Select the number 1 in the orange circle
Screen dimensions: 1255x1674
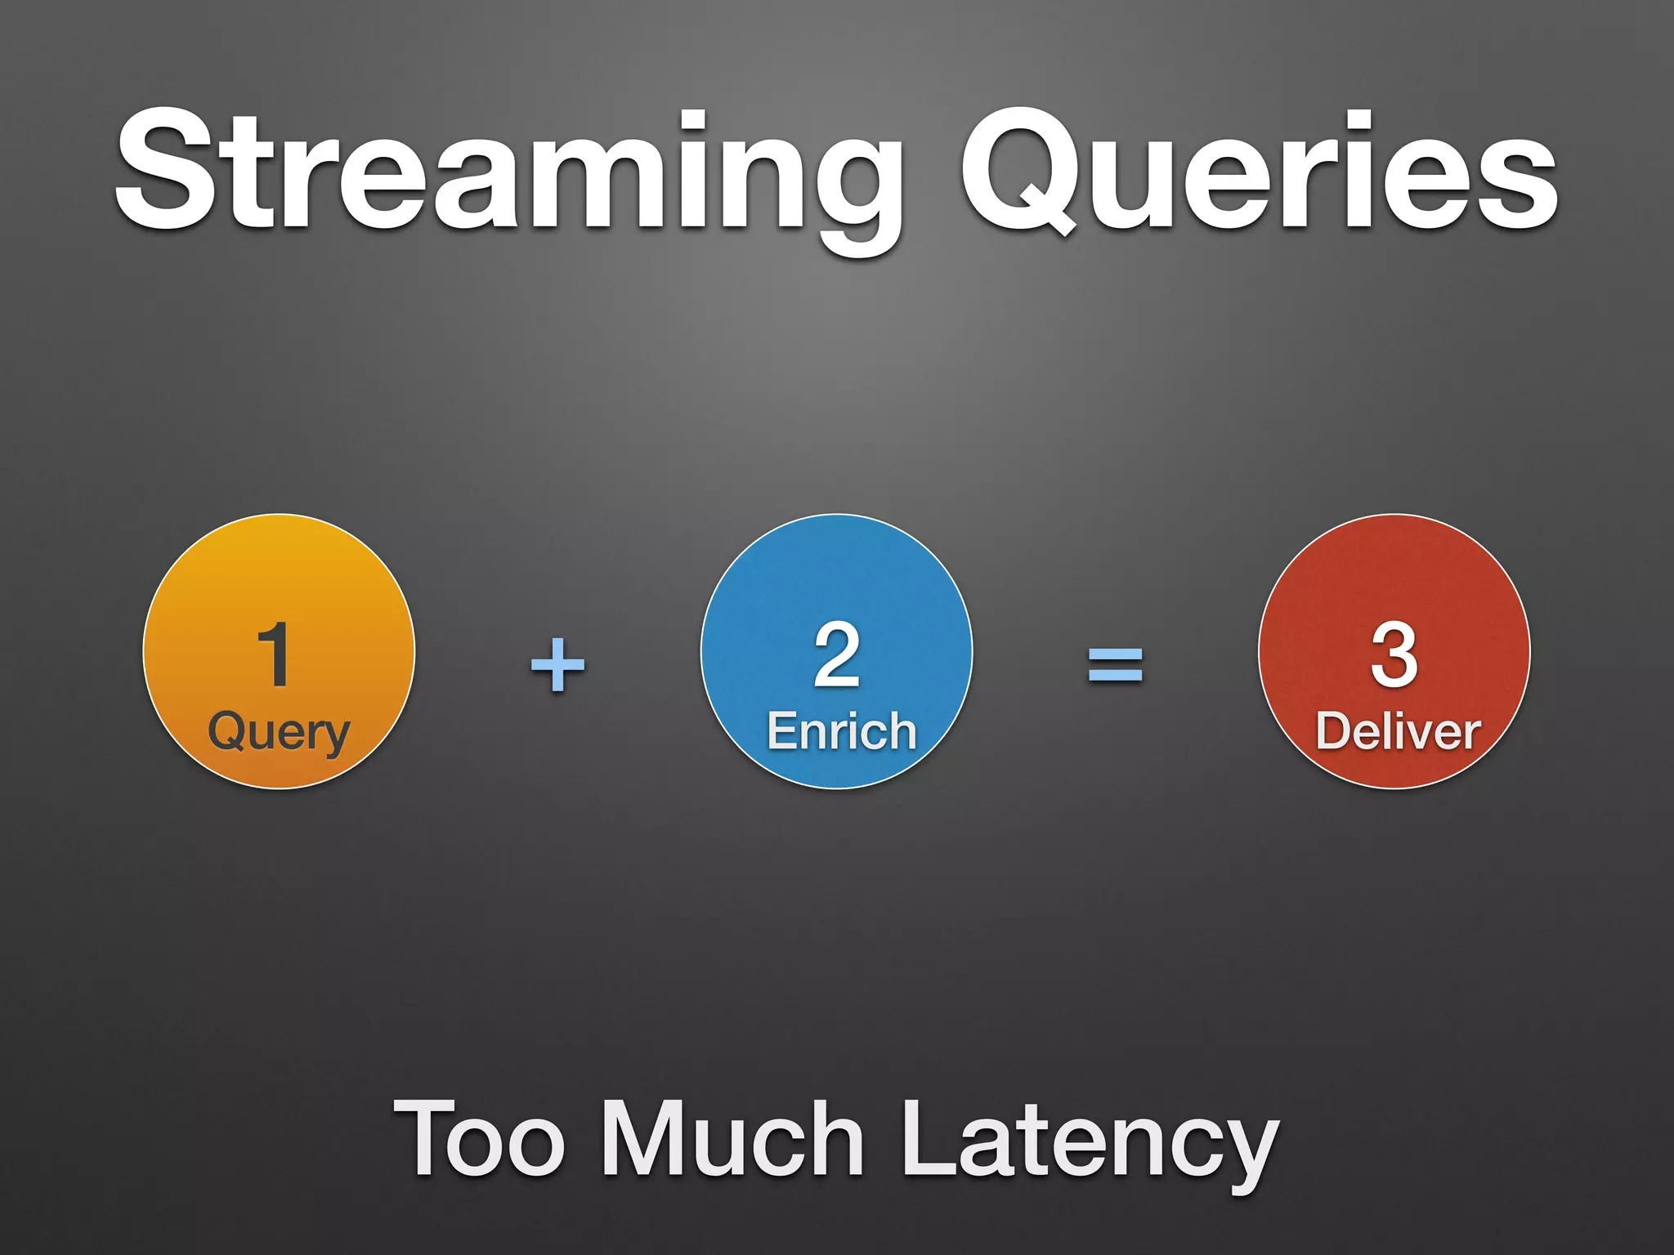pos(275,654)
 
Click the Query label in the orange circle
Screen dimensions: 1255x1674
pos(279,732)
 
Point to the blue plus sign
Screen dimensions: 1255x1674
pos(558,664)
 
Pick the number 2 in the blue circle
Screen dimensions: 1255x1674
pos(836,654)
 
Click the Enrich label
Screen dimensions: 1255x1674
pos(841,730)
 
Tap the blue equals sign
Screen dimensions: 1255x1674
pos(1115,664)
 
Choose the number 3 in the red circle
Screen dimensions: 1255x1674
pos(1394,654)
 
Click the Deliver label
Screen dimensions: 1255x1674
pos(1398,730)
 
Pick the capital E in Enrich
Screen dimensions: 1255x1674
pos(782,730)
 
